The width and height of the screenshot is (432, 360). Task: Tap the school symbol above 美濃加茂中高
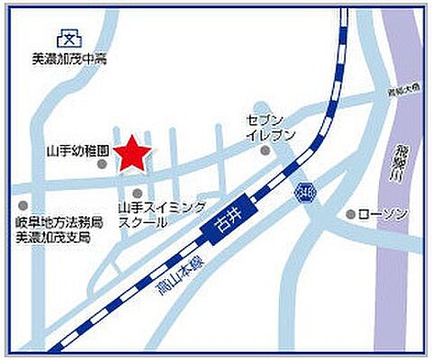(67, 39)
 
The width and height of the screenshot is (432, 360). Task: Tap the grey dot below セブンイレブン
(265, 151)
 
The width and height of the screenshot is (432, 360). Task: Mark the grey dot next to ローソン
(351, 214)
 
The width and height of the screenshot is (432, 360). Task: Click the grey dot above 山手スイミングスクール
(137, 193)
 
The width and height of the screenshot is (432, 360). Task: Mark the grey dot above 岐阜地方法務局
(22, 207)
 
